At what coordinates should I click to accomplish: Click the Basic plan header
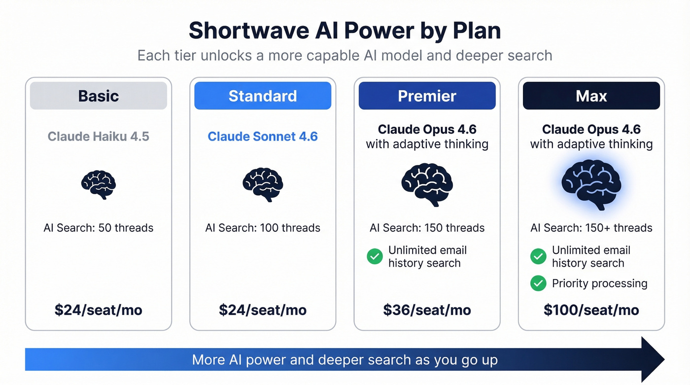click(x=99, y=96)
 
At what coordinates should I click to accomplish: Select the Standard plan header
click(x=263, y=96)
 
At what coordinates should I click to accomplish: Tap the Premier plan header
click(x=427, y=96)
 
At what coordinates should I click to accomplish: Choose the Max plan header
click(x=591, y=96)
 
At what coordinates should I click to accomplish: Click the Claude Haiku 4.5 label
click(x=99, y=136)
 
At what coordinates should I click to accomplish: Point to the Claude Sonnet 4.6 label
click(x=263, y=136)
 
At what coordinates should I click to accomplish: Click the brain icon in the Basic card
click(x=99, y=185)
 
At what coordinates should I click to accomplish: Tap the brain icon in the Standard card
click(x=263, y=185)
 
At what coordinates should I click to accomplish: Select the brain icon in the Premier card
click(x=427, y=185)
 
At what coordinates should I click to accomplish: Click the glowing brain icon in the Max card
click(x=591, y=185)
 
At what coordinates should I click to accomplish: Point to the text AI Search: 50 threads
click(x=99, y=228)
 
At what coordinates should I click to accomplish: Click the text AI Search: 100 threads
click(x=263, y=228)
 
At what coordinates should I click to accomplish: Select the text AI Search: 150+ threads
click(x=591, y=228)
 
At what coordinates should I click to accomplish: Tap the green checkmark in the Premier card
click(x=375, y=256)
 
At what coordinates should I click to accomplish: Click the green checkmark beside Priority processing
click(x=538, y=283)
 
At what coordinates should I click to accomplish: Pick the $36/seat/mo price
click(x=427, y=310)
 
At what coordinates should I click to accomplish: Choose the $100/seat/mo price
click(x=591, y=310)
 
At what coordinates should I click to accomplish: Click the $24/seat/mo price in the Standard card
click(x=263, y=310)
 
